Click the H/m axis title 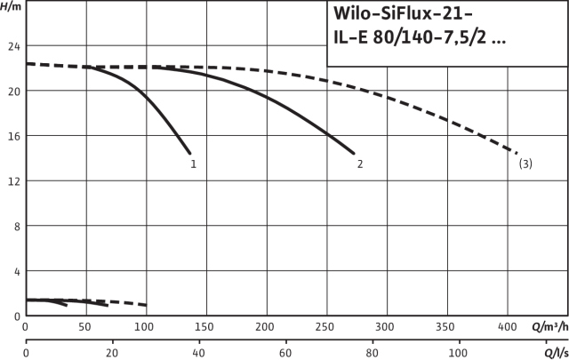point(12,6)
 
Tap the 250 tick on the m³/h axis point(325,326)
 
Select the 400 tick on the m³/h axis point(507,326)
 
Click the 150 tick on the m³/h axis point(205,326)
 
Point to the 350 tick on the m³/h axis point(446,326)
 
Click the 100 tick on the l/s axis point(457,354)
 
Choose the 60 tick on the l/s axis point(284,354)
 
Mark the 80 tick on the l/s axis point(371,354)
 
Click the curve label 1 point(193,164)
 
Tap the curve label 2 point(359,164)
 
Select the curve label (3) point(525,164)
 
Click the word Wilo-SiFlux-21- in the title point(398,15)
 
